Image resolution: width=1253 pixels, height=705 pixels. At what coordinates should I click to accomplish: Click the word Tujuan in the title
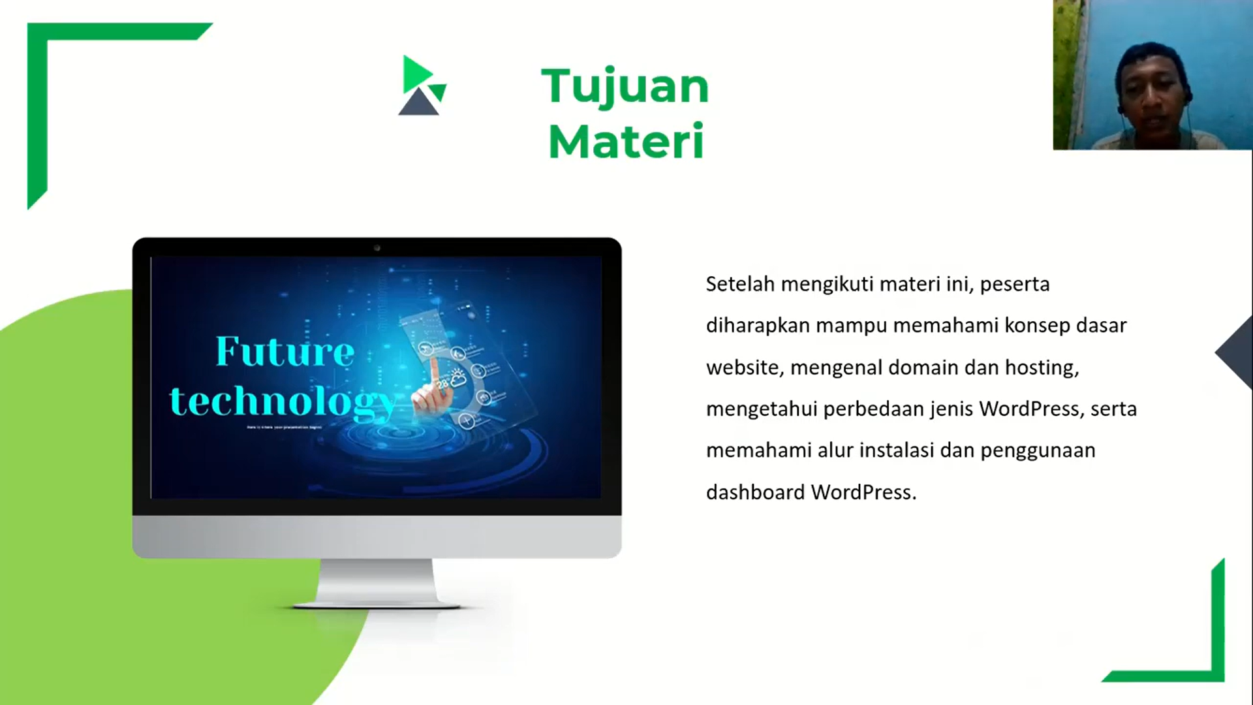tap(625, 87)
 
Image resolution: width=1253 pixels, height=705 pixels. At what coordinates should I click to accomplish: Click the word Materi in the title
tap(626, 142)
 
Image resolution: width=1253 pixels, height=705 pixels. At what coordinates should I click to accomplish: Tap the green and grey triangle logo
tap(422, 86)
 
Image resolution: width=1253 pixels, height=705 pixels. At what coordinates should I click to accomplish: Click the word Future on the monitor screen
tap(285, 352)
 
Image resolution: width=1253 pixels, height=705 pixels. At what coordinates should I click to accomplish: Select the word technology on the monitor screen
tap(282, 401)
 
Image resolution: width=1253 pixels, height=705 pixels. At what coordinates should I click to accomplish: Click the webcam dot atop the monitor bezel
tap(377, 248)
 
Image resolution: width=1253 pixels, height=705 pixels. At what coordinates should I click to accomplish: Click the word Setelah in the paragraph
tap(740, 285)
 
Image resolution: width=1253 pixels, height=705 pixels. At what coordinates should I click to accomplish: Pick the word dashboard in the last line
tap(755, 492)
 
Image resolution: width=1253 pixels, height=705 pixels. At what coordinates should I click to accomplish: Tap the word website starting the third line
tap(743, 368)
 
